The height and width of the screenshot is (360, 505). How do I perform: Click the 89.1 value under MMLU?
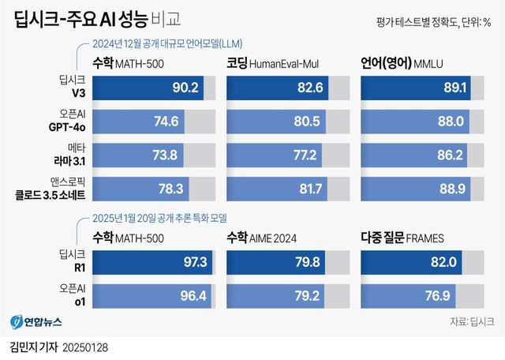pos(458,88)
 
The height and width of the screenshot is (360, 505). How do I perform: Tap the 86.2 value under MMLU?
pos(454,154)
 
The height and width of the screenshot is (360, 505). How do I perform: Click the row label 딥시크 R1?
pos(67,261)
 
